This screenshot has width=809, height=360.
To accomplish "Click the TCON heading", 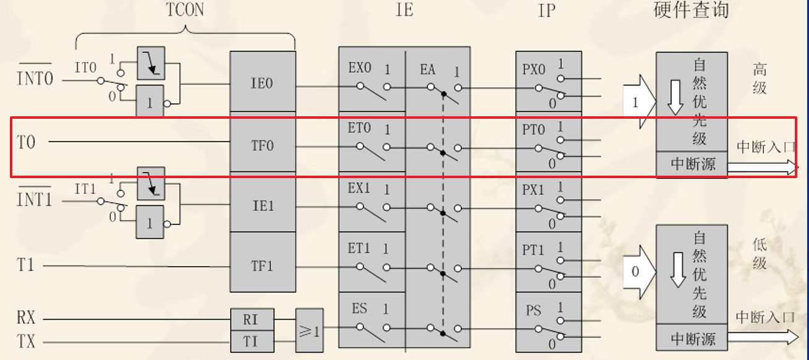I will coord(185,10).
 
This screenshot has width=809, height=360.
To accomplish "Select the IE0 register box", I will coord(262,83).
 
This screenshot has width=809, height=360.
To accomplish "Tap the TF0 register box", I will coord(262,146).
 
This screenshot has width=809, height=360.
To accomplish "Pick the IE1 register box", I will coord(262,205).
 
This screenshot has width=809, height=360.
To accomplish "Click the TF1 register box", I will coord(262,266).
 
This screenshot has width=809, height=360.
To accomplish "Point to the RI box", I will coord(250,320).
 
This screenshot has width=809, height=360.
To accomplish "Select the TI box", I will coord(250,340).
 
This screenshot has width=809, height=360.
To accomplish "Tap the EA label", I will coord(427,70).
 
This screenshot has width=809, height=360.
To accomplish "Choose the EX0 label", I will coord(359,67).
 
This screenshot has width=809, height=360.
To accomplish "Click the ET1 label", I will coord(359,248).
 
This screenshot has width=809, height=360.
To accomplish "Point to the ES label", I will coord(359,308).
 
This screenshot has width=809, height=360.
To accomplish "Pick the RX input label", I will coord(26,319).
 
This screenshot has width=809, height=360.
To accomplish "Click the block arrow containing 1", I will coord(638,103).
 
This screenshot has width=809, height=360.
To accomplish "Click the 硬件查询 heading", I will coord(691,10).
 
